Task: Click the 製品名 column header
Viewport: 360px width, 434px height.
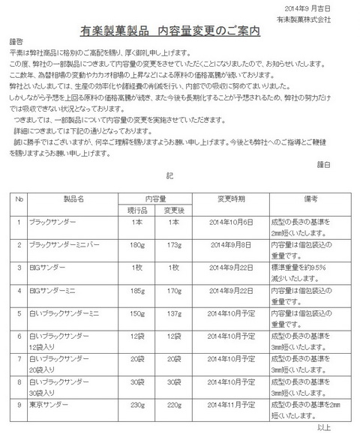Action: (73, 199)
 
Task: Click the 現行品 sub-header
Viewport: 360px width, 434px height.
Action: (136, 210)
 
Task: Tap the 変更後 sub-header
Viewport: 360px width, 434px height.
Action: (174, 210)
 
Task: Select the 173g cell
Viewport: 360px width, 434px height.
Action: (174, 245)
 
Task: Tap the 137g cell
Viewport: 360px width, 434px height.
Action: (174, 311)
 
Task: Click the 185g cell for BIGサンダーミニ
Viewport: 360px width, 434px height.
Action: (136, 289)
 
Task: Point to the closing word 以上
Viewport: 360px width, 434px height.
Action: (325, 427)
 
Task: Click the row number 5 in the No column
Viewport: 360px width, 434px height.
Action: (19, 311)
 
